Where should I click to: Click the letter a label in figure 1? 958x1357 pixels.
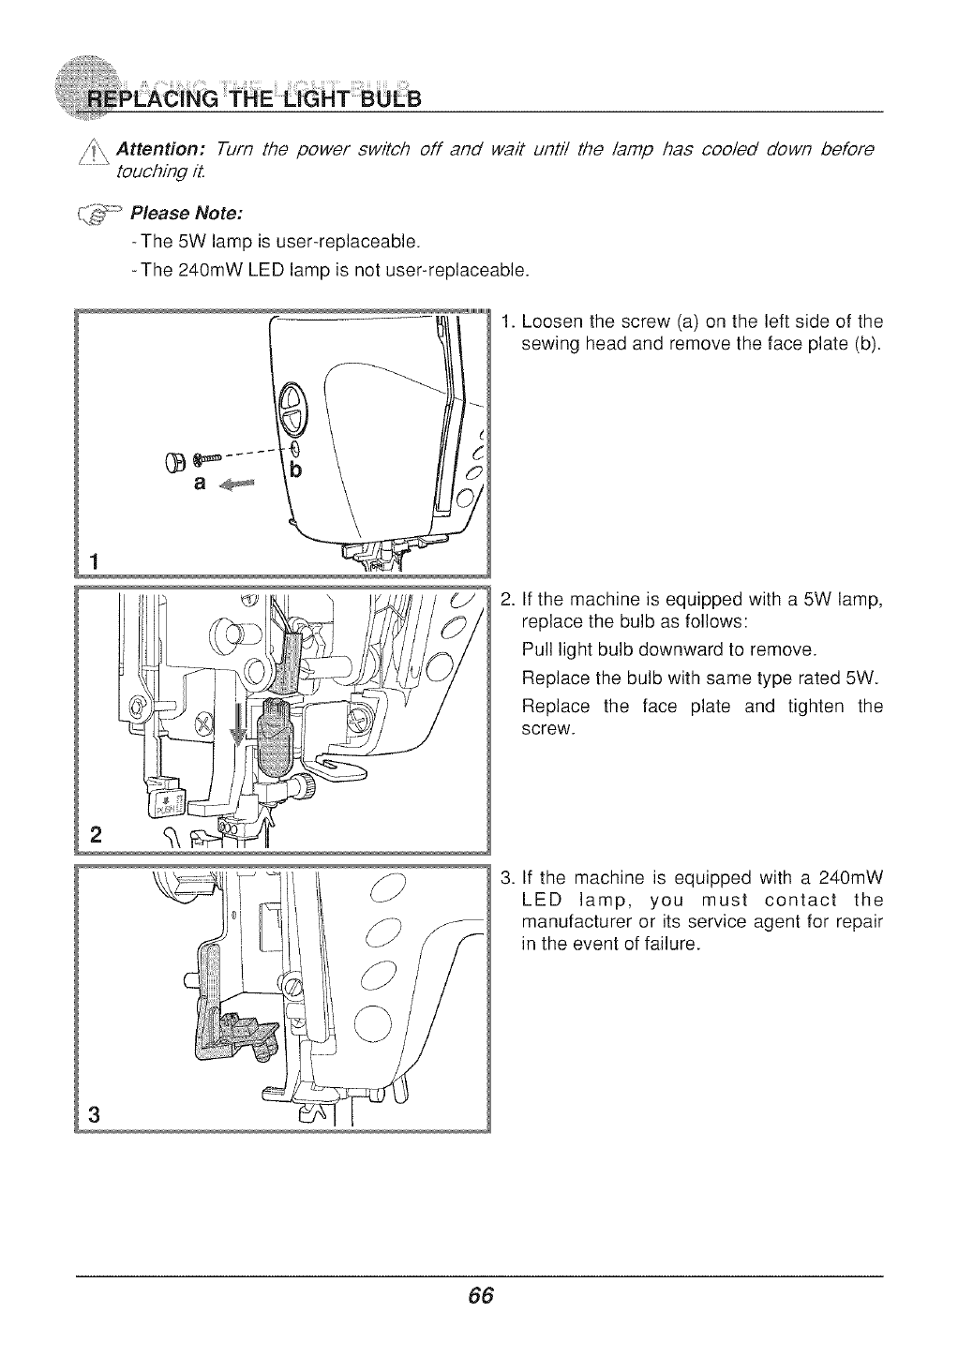tap(198, 484)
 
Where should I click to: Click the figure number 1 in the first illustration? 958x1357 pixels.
tap(94, 560)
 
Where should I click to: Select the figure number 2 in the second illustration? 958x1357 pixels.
tap(96, 834)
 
